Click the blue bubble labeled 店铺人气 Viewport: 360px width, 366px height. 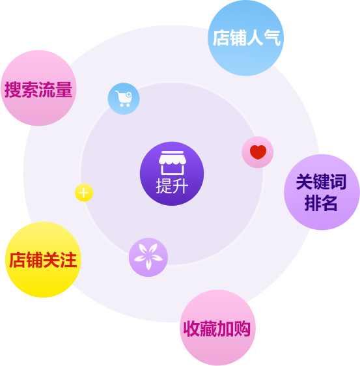[x=245, y=38]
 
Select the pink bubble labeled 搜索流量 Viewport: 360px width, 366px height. [x=38, y=88]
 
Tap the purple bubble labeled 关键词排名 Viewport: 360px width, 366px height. [x=322, y=192]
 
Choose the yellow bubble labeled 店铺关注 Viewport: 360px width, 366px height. [x=43, y=260]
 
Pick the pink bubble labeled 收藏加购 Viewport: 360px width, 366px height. [x=217, y=328]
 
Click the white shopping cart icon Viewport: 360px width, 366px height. [x=124, y=98]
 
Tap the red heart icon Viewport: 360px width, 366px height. [x=258, y=152]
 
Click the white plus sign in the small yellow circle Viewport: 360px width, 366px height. [x=83, y=193]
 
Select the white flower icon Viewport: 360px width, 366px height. [x=148, y=257]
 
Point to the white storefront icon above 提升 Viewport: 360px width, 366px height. [x=172, y=163]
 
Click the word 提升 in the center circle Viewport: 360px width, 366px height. [x=172, y=186]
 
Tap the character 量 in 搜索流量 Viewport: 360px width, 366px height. [x=64, y=89]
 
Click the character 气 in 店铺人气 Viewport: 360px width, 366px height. [x=272, y=38]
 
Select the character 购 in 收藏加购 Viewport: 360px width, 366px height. [x=242, y=329]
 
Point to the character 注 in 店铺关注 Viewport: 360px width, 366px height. [x=68, y=260]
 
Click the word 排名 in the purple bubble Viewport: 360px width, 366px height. [x=321, y=203]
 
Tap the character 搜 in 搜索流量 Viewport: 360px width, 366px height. [x=13, y=89]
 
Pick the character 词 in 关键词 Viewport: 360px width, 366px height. [x=338, y=181]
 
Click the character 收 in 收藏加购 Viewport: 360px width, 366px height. [x=192, y=329]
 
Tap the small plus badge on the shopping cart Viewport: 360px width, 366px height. [x=129, y=94]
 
